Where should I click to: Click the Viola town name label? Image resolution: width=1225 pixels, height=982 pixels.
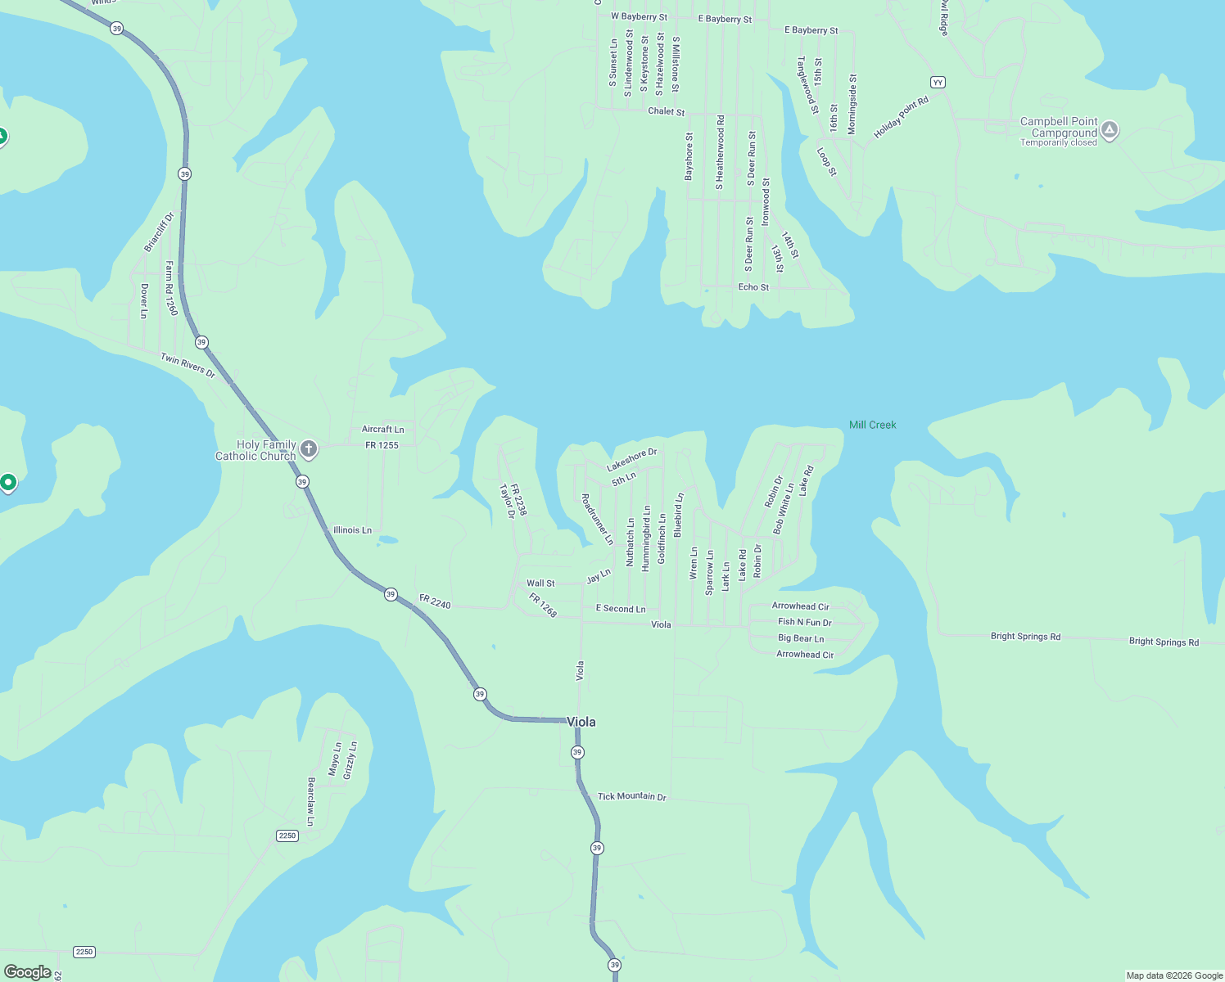click(x=581, y=722)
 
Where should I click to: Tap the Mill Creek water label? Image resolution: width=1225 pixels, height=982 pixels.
click(x=872, y=425)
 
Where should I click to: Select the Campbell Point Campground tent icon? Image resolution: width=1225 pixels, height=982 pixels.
click(x=1110, y=130)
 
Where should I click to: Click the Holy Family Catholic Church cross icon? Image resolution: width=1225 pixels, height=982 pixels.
click(x=309, y=448)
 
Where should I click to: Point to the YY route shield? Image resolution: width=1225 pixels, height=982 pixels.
click(x=938, y=82)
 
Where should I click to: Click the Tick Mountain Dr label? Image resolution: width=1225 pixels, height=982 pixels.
click(x=631, y=796)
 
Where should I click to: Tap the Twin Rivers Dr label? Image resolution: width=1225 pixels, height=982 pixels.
click(x=188, y=366)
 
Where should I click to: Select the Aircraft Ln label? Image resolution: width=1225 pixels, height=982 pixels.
click(x=382, y=429)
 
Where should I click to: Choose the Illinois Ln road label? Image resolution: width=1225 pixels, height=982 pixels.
click(x=352, y=530)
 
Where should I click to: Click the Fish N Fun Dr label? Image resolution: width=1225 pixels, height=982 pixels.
click(x=804, y=622)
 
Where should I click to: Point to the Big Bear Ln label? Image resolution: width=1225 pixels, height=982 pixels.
click(x=801, y=638)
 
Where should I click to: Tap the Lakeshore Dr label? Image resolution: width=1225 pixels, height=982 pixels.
click(x=631, y=460)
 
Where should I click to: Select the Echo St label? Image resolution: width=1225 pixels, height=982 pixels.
click(x=753, y=287)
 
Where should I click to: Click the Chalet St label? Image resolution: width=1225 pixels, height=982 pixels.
click(x=666, y=111)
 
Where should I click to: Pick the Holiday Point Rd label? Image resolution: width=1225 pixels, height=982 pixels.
click(x=901, y=118)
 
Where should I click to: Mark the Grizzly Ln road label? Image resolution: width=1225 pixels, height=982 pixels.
click(x=350, y=760)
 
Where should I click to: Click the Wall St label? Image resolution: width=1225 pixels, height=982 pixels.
click(x=540, y=583)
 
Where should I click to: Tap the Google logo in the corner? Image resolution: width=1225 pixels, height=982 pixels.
click(x=28, y=972)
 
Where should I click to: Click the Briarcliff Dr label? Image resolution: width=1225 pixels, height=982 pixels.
click(x=159, y=232)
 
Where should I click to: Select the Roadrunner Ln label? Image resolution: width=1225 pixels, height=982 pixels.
click(x=597, y=520)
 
